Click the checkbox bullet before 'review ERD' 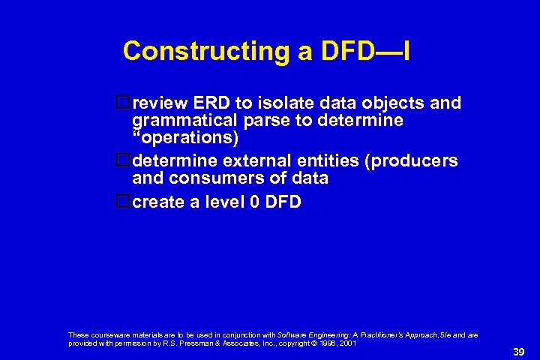click(124, 103)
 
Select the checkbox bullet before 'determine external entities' click(124, 160)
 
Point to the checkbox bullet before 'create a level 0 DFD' click(124, 201)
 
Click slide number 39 click(517, 351)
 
